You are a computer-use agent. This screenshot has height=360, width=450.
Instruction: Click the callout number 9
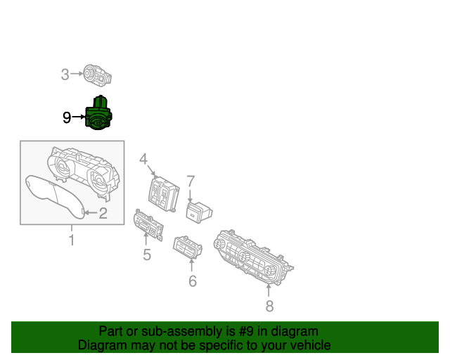(x=67, y=117)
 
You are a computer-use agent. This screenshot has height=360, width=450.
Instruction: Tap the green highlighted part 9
(x=98, y=113)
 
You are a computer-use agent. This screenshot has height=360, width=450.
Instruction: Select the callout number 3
(x=65, y=75)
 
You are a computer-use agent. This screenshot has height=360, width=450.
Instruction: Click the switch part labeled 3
(x=97, y=75)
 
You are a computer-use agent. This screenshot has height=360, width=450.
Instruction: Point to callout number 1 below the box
(x=72, y=240)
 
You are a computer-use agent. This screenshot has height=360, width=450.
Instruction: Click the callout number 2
(x=103, y=213)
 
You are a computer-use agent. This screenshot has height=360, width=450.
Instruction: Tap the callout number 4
(x=143, y=159)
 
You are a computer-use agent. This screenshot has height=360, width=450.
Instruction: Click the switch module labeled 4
(x=164, y=194)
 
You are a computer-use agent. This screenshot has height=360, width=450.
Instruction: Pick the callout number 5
(x=147, y=255)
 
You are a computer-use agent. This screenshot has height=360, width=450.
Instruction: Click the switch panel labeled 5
(x=148, y=225)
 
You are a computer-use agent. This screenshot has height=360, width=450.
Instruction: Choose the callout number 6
(x=193, y=281)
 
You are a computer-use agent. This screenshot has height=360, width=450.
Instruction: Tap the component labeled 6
(x=188, y=247)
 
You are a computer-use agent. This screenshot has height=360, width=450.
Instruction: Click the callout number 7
(x=191, y=181)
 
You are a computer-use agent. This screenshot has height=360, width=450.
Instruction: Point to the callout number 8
(x=269, y=306)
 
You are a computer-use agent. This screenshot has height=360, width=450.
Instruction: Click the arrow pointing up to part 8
(x=269, y=290)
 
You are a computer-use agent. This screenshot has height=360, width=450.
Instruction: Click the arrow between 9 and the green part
(x=79, y=117)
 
